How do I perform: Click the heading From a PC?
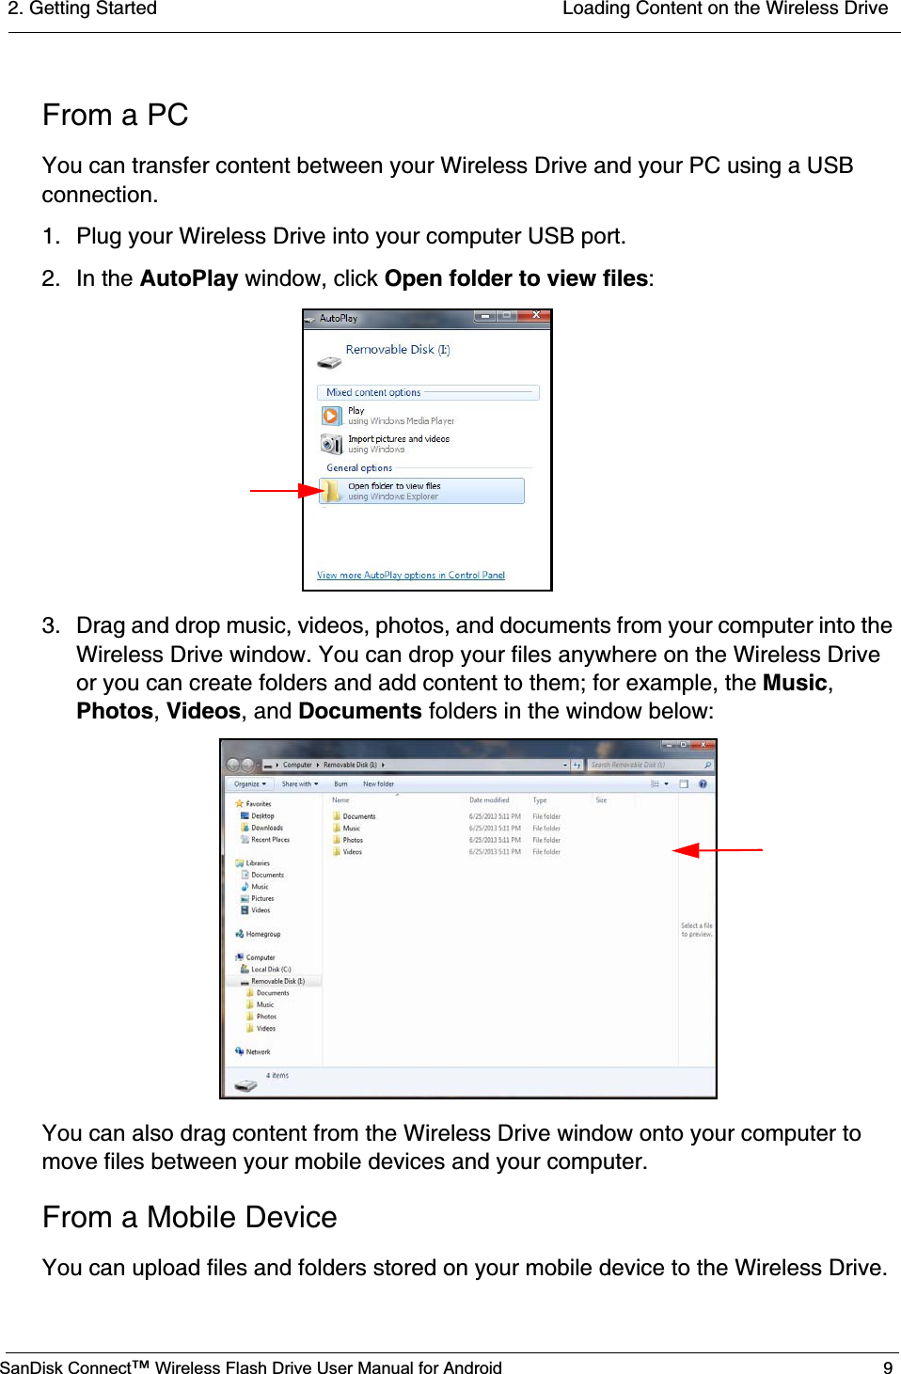tap(115, 116)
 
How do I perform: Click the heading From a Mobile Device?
tap(189, 1217)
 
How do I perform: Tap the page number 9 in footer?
tap(887, 1367)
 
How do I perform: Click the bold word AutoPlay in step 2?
tap(188, 278)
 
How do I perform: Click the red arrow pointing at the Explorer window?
tap(717, 850)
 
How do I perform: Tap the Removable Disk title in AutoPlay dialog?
tap(397, 350)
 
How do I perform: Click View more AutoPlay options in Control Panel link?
tap(410, 576)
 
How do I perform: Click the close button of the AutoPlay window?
tap(536, 316)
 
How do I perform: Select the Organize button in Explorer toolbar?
tap(249, 783)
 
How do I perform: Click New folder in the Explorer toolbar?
tap(378, 783)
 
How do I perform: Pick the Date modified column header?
tap(489, 800)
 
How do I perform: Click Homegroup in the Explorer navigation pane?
tap(262, 934)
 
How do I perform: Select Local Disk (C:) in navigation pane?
tap(270, 969)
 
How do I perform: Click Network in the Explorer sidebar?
tap(257, 1051)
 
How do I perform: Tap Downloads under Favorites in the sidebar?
tap(266, 828)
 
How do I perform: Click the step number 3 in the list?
tap(50, 626)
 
